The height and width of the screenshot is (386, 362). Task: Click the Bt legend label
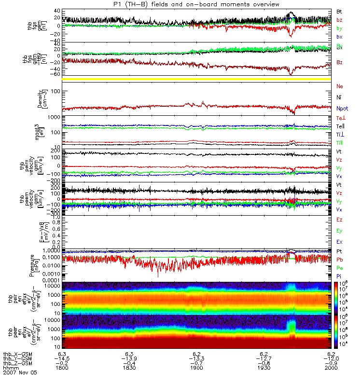click(339, 11)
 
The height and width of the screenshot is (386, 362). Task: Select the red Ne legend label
click(339, 86)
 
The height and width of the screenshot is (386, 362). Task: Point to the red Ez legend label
click(339, 220)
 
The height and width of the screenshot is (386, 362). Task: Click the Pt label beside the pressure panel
click(339, 252)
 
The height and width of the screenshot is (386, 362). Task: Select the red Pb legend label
click(339, 260)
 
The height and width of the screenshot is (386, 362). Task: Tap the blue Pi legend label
click(339, 276)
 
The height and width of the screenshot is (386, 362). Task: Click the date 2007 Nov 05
click(20, 372)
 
